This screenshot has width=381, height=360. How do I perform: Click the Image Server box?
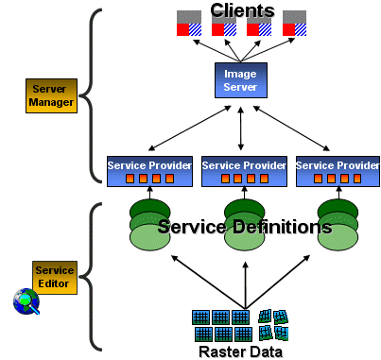pos(242,78)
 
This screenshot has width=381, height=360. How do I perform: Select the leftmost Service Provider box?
pos(149,170)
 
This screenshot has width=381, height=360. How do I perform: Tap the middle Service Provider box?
pos(243,170)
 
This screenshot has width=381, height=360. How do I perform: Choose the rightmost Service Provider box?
pos(337,170)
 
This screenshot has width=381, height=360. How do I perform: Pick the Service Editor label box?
pos(54,276)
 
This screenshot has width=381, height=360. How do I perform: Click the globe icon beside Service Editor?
pos(26,302)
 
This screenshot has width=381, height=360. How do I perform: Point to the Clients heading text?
pos(242,11)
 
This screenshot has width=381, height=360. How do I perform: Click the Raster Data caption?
pos(240,351)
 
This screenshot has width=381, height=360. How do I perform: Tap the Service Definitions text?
pos(244,228)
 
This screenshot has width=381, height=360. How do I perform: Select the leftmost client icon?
pos(189,24)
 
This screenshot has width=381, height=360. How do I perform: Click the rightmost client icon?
pos(294,24)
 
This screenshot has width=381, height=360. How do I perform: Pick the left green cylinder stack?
pos(148,225)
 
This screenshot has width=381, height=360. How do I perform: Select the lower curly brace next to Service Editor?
pos(94,275)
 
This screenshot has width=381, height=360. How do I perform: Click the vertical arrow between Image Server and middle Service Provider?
pos(242,126)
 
